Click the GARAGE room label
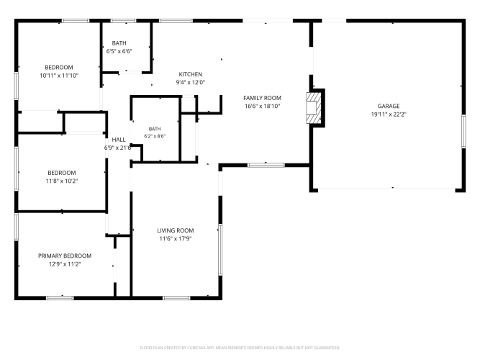(x=389, y=106)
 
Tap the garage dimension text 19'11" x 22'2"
(x=389, y=114)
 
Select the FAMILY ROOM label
(x=262, y=98)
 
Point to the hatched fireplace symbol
(x=314, y=108)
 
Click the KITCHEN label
(x=191, y=74)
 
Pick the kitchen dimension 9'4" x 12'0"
(x=191, y=82)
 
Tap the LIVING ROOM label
(x=176, y=230)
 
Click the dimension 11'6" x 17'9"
(x=176, y=238)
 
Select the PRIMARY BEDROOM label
(x=65, y=256)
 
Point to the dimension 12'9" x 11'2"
(x=65, y=264)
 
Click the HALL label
(x=119, y=140)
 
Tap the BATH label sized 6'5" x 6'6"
(x=119, y=43)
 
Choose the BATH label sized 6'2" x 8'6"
(x=155, y=129)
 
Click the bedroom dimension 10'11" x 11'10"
(x=59, y=76)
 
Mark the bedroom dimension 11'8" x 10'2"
(x=62, y=181)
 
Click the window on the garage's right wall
(x=463, y=132)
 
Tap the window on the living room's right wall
(x=220, y=249)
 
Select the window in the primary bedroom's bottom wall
(x=60, y=298)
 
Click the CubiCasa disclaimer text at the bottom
(x=240, y=348)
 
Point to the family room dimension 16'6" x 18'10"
(x=263, y=107)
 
